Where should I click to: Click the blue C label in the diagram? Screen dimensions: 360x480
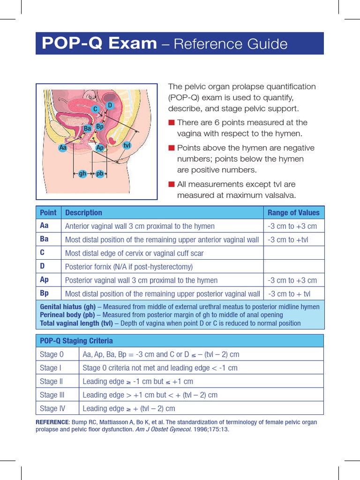[95, 109]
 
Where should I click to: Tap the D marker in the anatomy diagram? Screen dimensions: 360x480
[110, 105]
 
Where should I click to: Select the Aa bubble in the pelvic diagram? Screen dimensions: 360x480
[63, 148]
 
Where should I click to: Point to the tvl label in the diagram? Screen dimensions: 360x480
[127, 145]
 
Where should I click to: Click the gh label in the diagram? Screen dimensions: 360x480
[82, 173]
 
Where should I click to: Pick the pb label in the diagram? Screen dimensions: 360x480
[99, 173]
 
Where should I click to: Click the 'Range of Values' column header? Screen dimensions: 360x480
[293, 212]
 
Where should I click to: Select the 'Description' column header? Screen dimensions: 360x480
[83, 212]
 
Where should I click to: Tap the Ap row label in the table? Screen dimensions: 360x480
[45, 280]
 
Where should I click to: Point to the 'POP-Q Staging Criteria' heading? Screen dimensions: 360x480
[76, 341]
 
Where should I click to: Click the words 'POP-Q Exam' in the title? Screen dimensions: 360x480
[99, 44]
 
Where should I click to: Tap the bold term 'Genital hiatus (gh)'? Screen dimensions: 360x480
[67, 307]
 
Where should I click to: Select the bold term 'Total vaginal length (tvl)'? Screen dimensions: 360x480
[76, 323]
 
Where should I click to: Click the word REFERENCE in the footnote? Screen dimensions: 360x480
[52, 422]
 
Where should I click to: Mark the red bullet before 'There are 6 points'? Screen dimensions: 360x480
[172, 123]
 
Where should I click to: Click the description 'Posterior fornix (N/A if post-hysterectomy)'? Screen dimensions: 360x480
[129, 267]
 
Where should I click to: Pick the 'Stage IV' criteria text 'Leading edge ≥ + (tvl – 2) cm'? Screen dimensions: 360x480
[129, 408]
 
